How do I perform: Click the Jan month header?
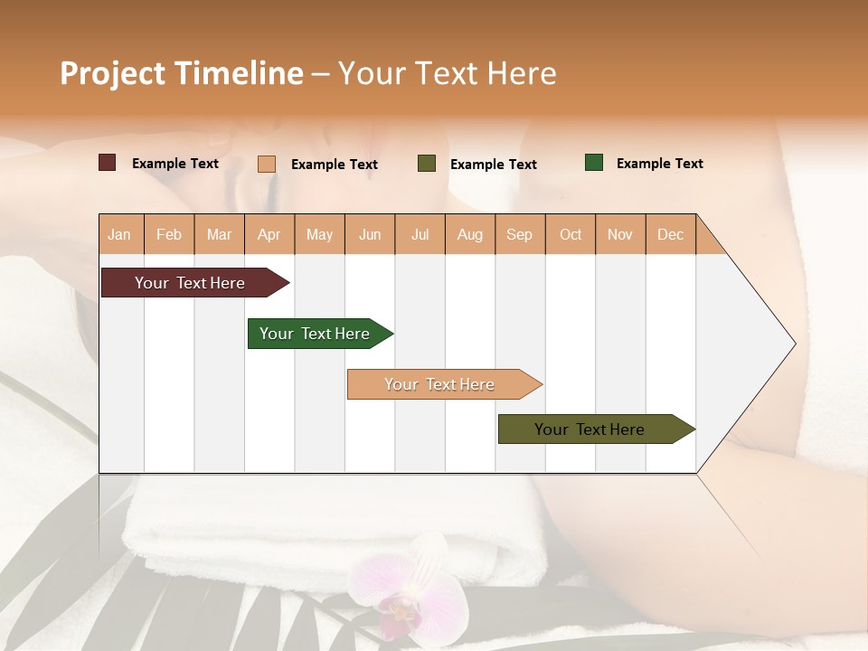click(120, 234)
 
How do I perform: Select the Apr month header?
click(269, 234)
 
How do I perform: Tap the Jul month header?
click(420, 234)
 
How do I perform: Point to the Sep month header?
click(520, 234)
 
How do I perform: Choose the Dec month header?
click(670, 234)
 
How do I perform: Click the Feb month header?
click(169, 234)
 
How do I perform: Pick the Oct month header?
click(571, 234)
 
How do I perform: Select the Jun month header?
click(370, 234)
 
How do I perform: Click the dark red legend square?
click(108, 163)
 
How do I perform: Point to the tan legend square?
click(267, 164)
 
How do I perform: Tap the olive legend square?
click(427, 164)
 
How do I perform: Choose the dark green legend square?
click(594, 163)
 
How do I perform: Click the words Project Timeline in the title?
click(182, 73)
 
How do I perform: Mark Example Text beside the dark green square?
click(659, 164)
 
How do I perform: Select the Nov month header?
click(620, 234)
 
